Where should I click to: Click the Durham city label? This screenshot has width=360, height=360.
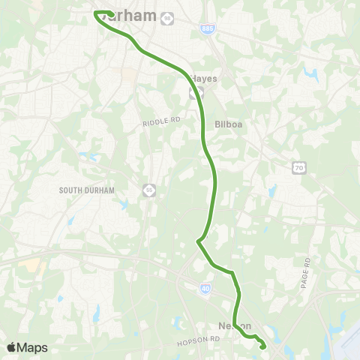tap(136, 16)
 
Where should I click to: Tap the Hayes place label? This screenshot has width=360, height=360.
tap(203, 78)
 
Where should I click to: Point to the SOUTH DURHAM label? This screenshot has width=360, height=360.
tap(87, 190)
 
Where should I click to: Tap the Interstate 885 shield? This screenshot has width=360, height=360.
tap(206, 28)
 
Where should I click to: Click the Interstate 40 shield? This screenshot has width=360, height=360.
tap(205, 287)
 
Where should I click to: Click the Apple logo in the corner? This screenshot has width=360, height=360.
tap(11, 347)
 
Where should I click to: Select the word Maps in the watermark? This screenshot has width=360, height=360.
tap(33, 347)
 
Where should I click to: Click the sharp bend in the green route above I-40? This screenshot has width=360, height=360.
tap(197, 241)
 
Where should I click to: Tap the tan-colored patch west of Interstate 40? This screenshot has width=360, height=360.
tap(31, 265)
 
